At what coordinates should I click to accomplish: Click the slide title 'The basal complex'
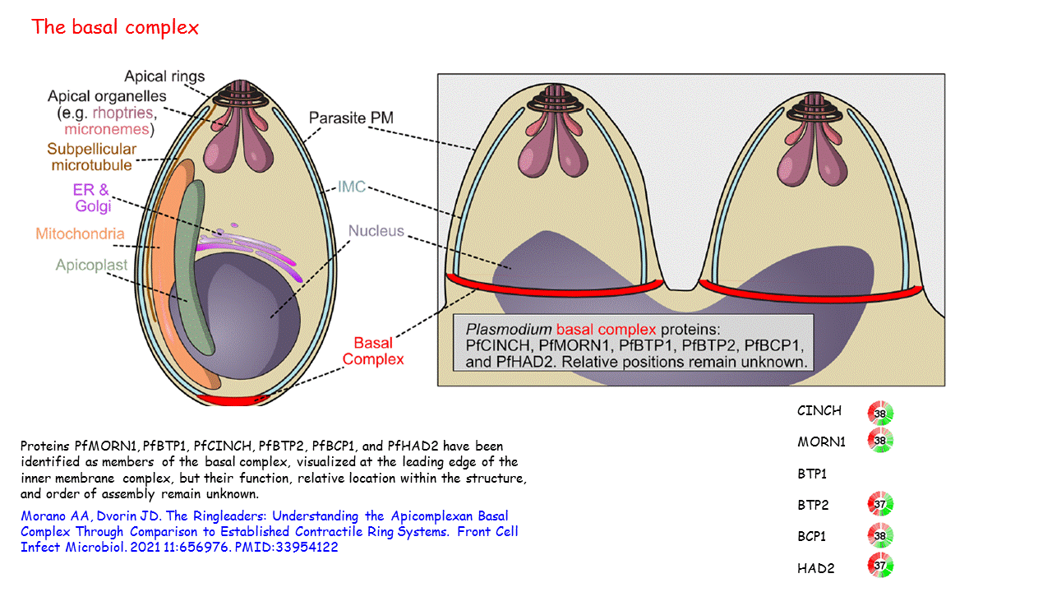point(115,27)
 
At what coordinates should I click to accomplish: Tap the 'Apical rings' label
point(164,76)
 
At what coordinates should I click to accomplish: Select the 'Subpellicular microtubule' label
point(90,157)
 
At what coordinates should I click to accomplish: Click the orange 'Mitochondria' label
point(80,234)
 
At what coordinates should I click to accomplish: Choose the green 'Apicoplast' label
point(92,265)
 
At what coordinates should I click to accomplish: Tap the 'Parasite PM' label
point(351,118)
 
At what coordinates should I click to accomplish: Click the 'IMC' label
point(351,187)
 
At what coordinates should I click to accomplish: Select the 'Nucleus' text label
point(376,231)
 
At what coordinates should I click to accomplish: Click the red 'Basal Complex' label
point(373,351)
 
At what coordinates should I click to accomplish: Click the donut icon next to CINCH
point(880,413)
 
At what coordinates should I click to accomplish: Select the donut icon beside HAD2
point(880,566)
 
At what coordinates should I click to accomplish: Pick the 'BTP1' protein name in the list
point(812,474)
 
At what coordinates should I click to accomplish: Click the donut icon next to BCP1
point(880,535)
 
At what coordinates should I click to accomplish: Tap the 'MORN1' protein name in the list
point(821,442)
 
